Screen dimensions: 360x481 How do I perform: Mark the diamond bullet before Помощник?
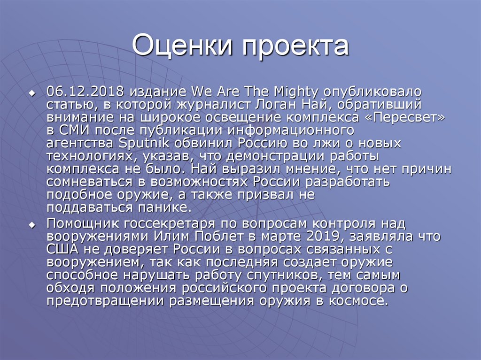(x=32, y=225)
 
